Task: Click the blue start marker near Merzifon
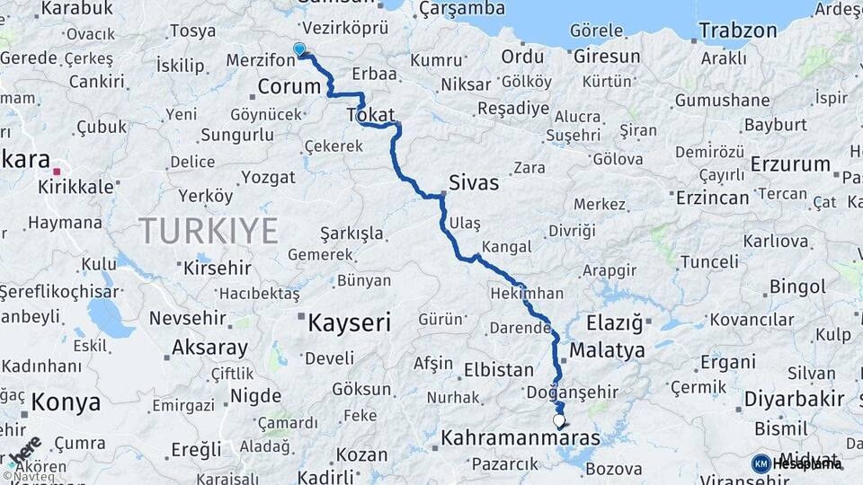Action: tap(299, 49)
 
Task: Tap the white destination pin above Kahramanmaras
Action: tap(559, 419)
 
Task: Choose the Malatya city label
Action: tap(607, 348)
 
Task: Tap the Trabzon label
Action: tap(737, 31)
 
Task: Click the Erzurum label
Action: tap(790, 164)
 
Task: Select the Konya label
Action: tap(66, 402)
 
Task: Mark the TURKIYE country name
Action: tap(209, 231)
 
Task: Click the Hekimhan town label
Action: tap(527, 294)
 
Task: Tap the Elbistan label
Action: tap(498, 369)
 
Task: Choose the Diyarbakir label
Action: tap(794, 399)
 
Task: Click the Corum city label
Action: tap(289, 86)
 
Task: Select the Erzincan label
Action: tap(713, 198)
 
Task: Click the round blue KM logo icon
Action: tap(761, 463)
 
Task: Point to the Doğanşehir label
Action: tap(573, 392)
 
